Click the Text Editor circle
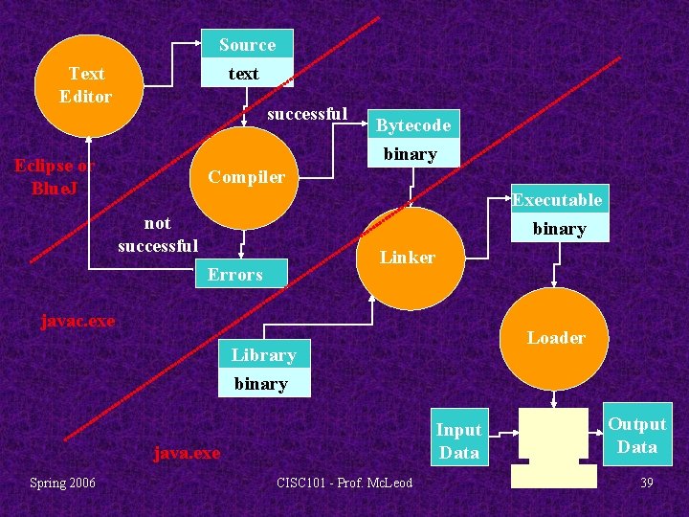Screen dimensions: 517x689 87,85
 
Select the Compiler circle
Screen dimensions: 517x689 246,177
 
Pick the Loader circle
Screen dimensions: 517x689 556,337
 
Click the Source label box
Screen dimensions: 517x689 247,45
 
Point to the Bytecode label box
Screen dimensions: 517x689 412,125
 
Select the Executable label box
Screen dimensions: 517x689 558,200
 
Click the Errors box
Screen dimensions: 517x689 241,273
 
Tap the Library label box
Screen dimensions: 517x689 264,355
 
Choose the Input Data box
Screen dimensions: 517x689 458,440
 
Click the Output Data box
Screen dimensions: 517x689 637,436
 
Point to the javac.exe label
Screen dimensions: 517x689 78,321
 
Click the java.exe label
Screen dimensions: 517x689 187,453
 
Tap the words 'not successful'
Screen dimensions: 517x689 158,235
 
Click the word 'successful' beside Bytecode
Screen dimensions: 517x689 307,114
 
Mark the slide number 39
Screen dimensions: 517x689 647,483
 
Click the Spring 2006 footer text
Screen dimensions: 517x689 62,483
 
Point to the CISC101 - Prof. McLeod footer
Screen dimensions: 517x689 344,483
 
